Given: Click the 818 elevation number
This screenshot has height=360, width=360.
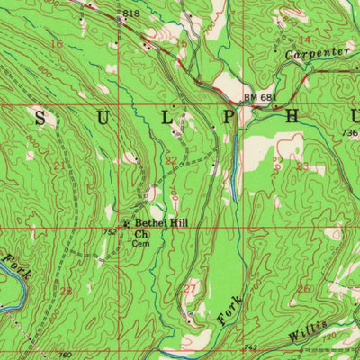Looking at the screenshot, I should (x=132, y=13).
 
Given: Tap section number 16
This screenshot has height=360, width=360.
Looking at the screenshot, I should (x=57, y=43).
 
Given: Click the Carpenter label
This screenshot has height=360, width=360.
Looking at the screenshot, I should (x=317, y=55).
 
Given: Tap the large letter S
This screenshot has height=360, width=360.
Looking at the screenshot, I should (x=40, y=117).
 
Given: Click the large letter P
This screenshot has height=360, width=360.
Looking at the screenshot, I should (x=230, y=117).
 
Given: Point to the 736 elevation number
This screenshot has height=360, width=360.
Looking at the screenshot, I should (x=349, y=133).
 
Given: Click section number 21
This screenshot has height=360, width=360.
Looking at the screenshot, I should (x=59, y=165).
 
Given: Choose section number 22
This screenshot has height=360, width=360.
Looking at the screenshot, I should (x=170, y=160).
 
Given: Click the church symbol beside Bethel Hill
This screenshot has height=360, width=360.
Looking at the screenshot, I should (x=126, y=224).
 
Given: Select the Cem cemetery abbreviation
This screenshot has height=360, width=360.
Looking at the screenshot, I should (x=139, y=243).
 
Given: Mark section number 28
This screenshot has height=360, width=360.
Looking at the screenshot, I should (x=65, y=291).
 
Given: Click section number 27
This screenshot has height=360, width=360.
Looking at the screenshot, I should (x=190, y=288).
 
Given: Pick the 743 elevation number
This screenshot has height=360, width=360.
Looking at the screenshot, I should (x=251, y=347).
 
